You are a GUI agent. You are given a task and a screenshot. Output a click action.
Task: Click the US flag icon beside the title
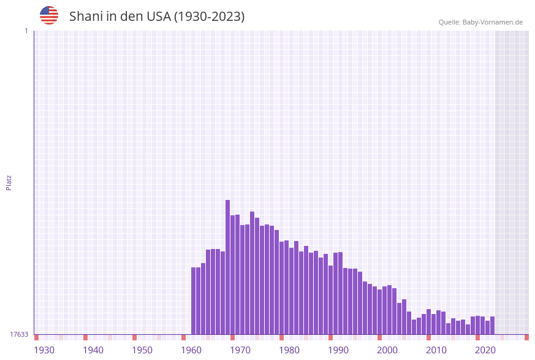click(x=49, y=15)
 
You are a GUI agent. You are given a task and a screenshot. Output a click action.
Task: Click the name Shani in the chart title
click(x=86, y=17)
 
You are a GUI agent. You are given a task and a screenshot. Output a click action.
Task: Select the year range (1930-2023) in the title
click(x=209, y=17)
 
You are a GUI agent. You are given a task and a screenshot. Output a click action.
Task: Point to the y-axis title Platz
click(x=9, y=182)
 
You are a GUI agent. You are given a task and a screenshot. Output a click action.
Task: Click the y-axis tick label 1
click(x=26, y=31)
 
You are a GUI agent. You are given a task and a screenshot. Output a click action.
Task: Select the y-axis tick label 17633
click(x=19, y=334)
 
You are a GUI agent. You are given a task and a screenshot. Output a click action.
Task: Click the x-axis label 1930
click(x=44, y=350)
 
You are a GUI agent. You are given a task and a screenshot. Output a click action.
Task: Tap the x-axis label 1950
click(x=142, y=350)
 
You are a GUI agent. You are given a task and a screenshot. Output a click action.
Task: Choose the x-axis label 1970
click(x=240, y=350)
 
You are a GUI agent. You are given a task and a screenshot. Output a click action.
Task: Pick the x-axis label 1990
click(x=338, y=350)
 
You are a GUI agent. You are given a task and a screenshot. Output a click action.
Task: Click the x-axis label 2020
click(x=485, y=350)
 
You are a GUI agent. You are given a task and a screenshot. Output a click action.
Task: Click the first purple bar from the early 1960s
click(x=194, y=301)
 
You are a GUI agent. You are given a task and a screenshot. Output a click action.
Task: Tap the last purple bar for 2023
click(x=493, y=326)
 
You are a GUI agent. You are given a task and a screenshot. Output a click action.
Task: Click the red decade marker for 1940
click(x=86, y=337)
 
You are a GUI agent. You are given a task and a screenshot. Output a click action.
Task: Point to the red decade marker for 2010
click(x=429, y=337)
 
